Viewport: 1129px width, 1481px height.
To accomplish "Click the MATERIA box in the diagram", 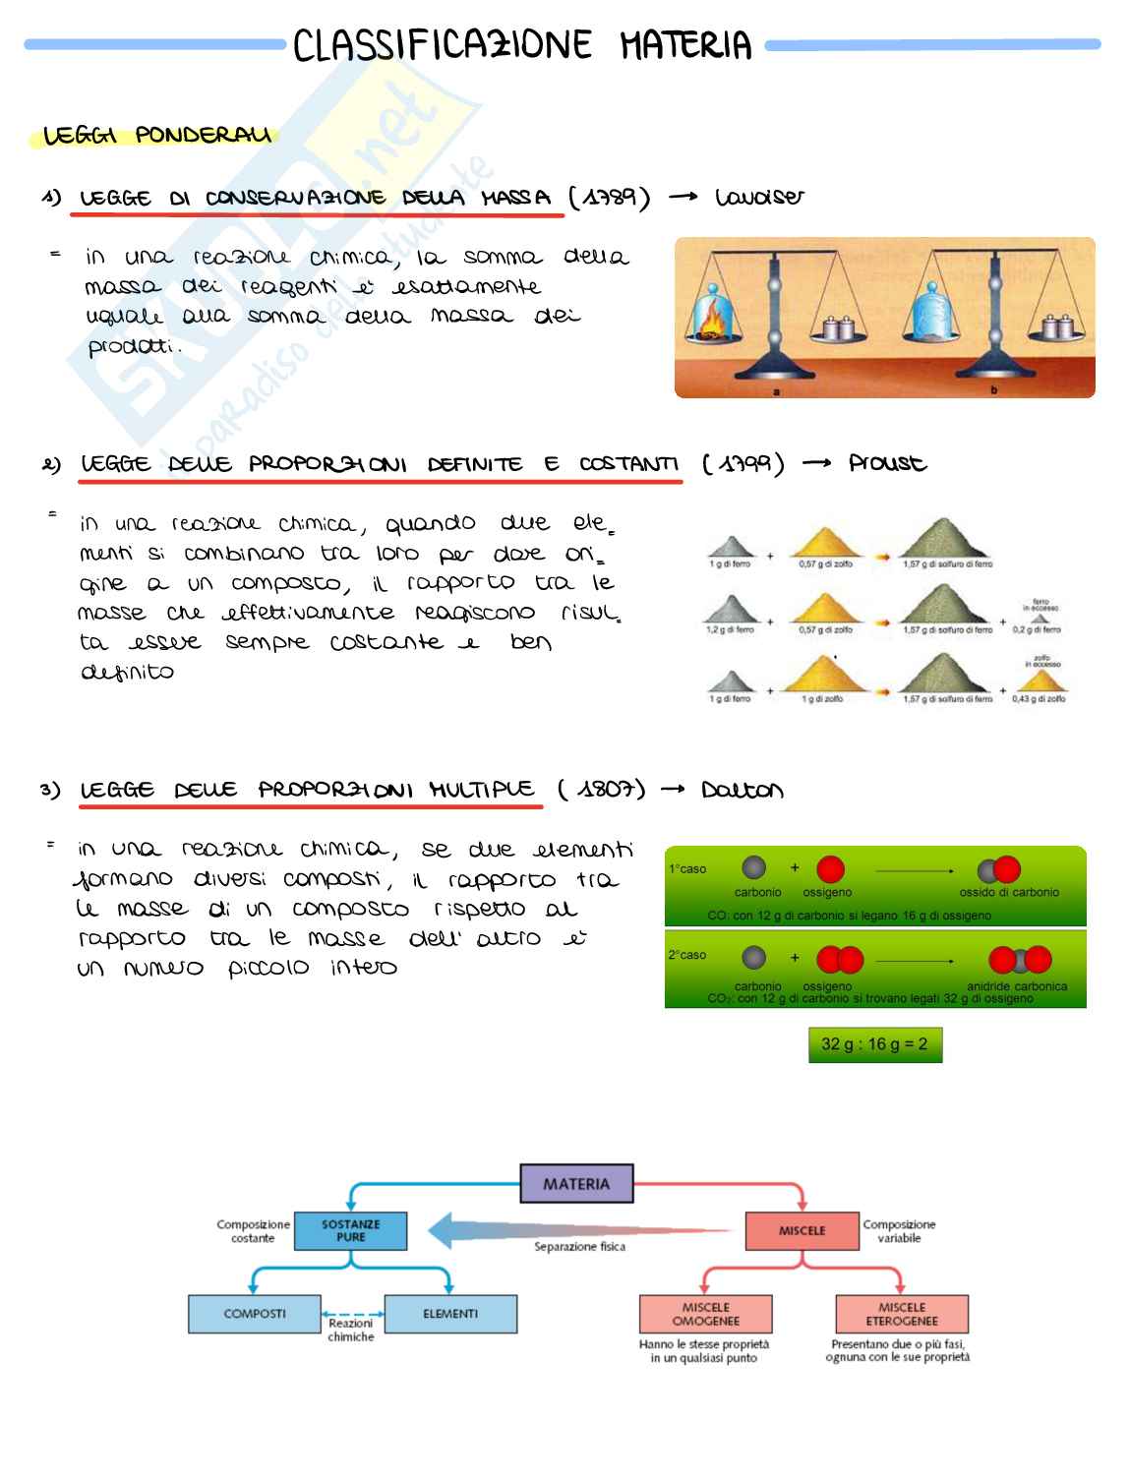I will [576, 1184].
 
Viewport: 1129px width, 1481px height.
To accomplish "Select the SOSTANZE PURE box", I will [351, 1231].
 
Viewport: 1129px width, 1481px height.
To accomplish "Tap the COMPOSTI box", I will [255, 1314].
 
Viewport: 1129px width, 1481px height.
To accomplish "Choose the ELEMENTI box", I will [450, 1314].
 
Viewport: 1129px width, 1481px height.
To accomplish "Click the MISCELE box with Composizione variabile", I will [802, 1231].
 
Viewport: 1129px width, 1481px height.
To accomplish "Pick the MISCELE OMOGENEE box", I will [705, 1314].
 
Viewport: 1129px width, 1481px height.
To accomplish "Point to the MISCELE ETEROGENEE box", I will [902, 1314].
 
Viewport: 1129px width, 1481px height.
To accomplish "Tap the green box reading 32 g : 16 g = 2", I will [874, 1044].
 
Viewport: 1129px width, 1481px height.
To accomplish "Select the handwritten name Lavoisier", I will [759, 198].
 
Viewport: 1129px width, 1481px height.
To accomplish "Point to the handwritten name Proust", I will [887, 463].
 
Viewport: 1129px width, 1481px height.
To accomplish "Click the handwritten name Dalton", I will [743, 791].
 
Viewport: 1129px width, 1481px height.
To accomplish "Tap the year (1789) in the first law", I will [610, 198].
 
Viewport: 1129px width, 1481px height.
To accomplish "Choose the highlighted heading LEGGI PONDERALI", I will [157, 135].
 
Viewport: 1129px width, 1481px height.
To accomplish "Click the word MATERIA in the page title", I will [685, 45].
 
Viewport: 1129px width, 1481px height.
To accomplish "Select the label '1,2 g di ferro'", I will [730, 630].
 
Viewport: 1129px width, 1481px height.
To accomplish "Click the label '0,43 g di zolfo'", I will [1039, 699].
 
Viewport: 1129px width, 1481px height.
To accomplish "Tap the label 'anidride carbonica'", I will [1017, 986].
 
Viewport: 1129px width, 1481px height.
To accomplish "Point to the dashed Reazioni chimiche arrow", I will [353, 1313].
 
